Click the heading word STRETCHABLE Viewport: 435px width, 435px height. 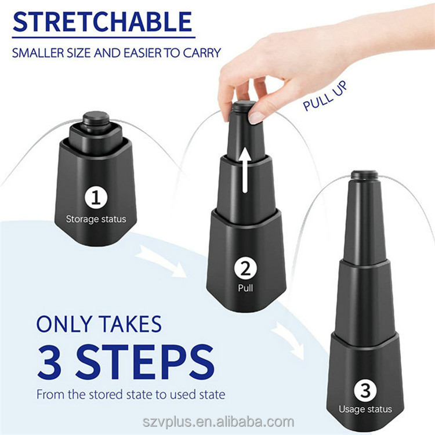tap(102, 21)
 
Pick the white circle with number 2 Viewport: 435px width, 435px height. tap(245, 269)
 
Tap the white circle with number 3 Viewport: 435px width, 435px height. tap(365, 390)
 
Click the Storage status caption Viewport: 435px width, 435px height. tap(96, 219)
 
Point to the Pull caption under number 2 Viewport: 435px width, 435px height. tap(245, 287)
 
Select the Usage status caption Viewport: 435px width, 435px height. tap(365, 409)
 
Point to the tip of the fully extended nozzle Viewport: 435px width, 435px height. tap(365, 174)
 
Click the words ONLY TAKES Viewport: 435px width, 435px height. tap(99, 324)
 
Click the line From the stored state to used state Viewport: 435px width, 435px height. tap(130, 395)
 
